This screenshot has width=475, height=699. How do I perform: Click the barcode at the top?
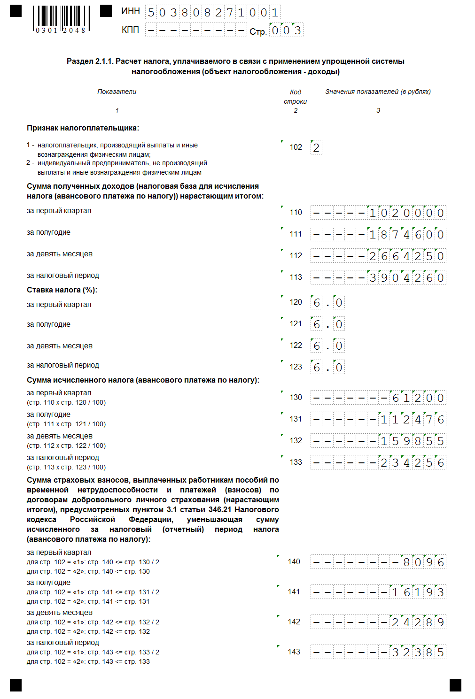(x=61, y=19)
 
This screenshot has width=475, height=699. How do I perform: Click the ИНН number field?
(x=213, y=13)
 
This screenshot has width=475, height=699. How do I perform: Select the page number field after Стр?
(x=286, y=31)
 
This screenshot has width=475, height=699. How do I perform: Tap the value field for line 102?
(x=316, y=148)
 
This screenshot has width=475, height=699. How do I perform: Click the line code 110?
(x=296, y=212)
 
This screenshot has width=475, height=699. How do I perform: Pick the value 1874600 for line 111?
(x=406, y=234)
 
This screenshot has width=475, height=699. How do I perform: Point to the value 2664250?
(x=406, y=256)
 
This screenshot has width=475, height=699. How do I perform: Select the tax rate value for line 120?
(x=327, y=302)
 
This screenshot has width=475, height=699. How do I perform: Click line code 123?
(x=296, y=367)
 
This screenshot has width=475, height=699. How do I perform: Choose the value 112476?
(x=412, y=419)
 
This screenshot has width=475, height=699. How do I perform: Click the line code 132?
(x=296, y=440)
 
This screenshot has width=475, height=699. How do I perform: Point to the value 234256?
(x=412, y=462)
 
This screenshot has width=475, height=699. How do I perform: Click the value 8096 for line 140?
(x=423, y=562)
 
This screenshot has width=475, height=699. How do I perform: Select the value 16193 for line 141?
(x=418, y=592)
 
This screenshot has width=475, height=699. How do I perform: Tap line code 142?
(x=294, y=622)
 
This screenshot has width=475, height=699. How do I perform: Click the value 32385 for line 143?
(x=418, y=652)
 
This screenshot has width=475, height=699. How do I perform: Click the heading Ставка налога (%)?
(x=62, y=290)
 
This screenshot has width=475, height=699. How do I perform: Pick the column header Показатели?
(x=117, y=92)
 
